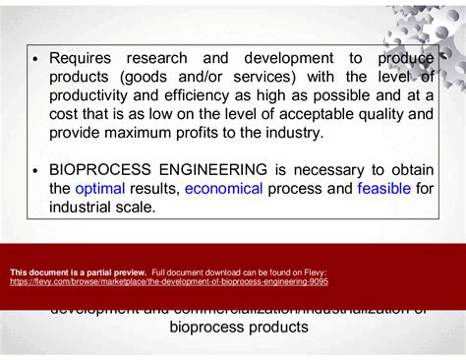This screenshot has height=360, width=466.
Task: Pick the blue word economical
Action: (224, 189)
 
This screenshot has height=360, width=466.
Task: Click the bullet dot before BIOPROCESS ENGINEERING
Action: (35, 171)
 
